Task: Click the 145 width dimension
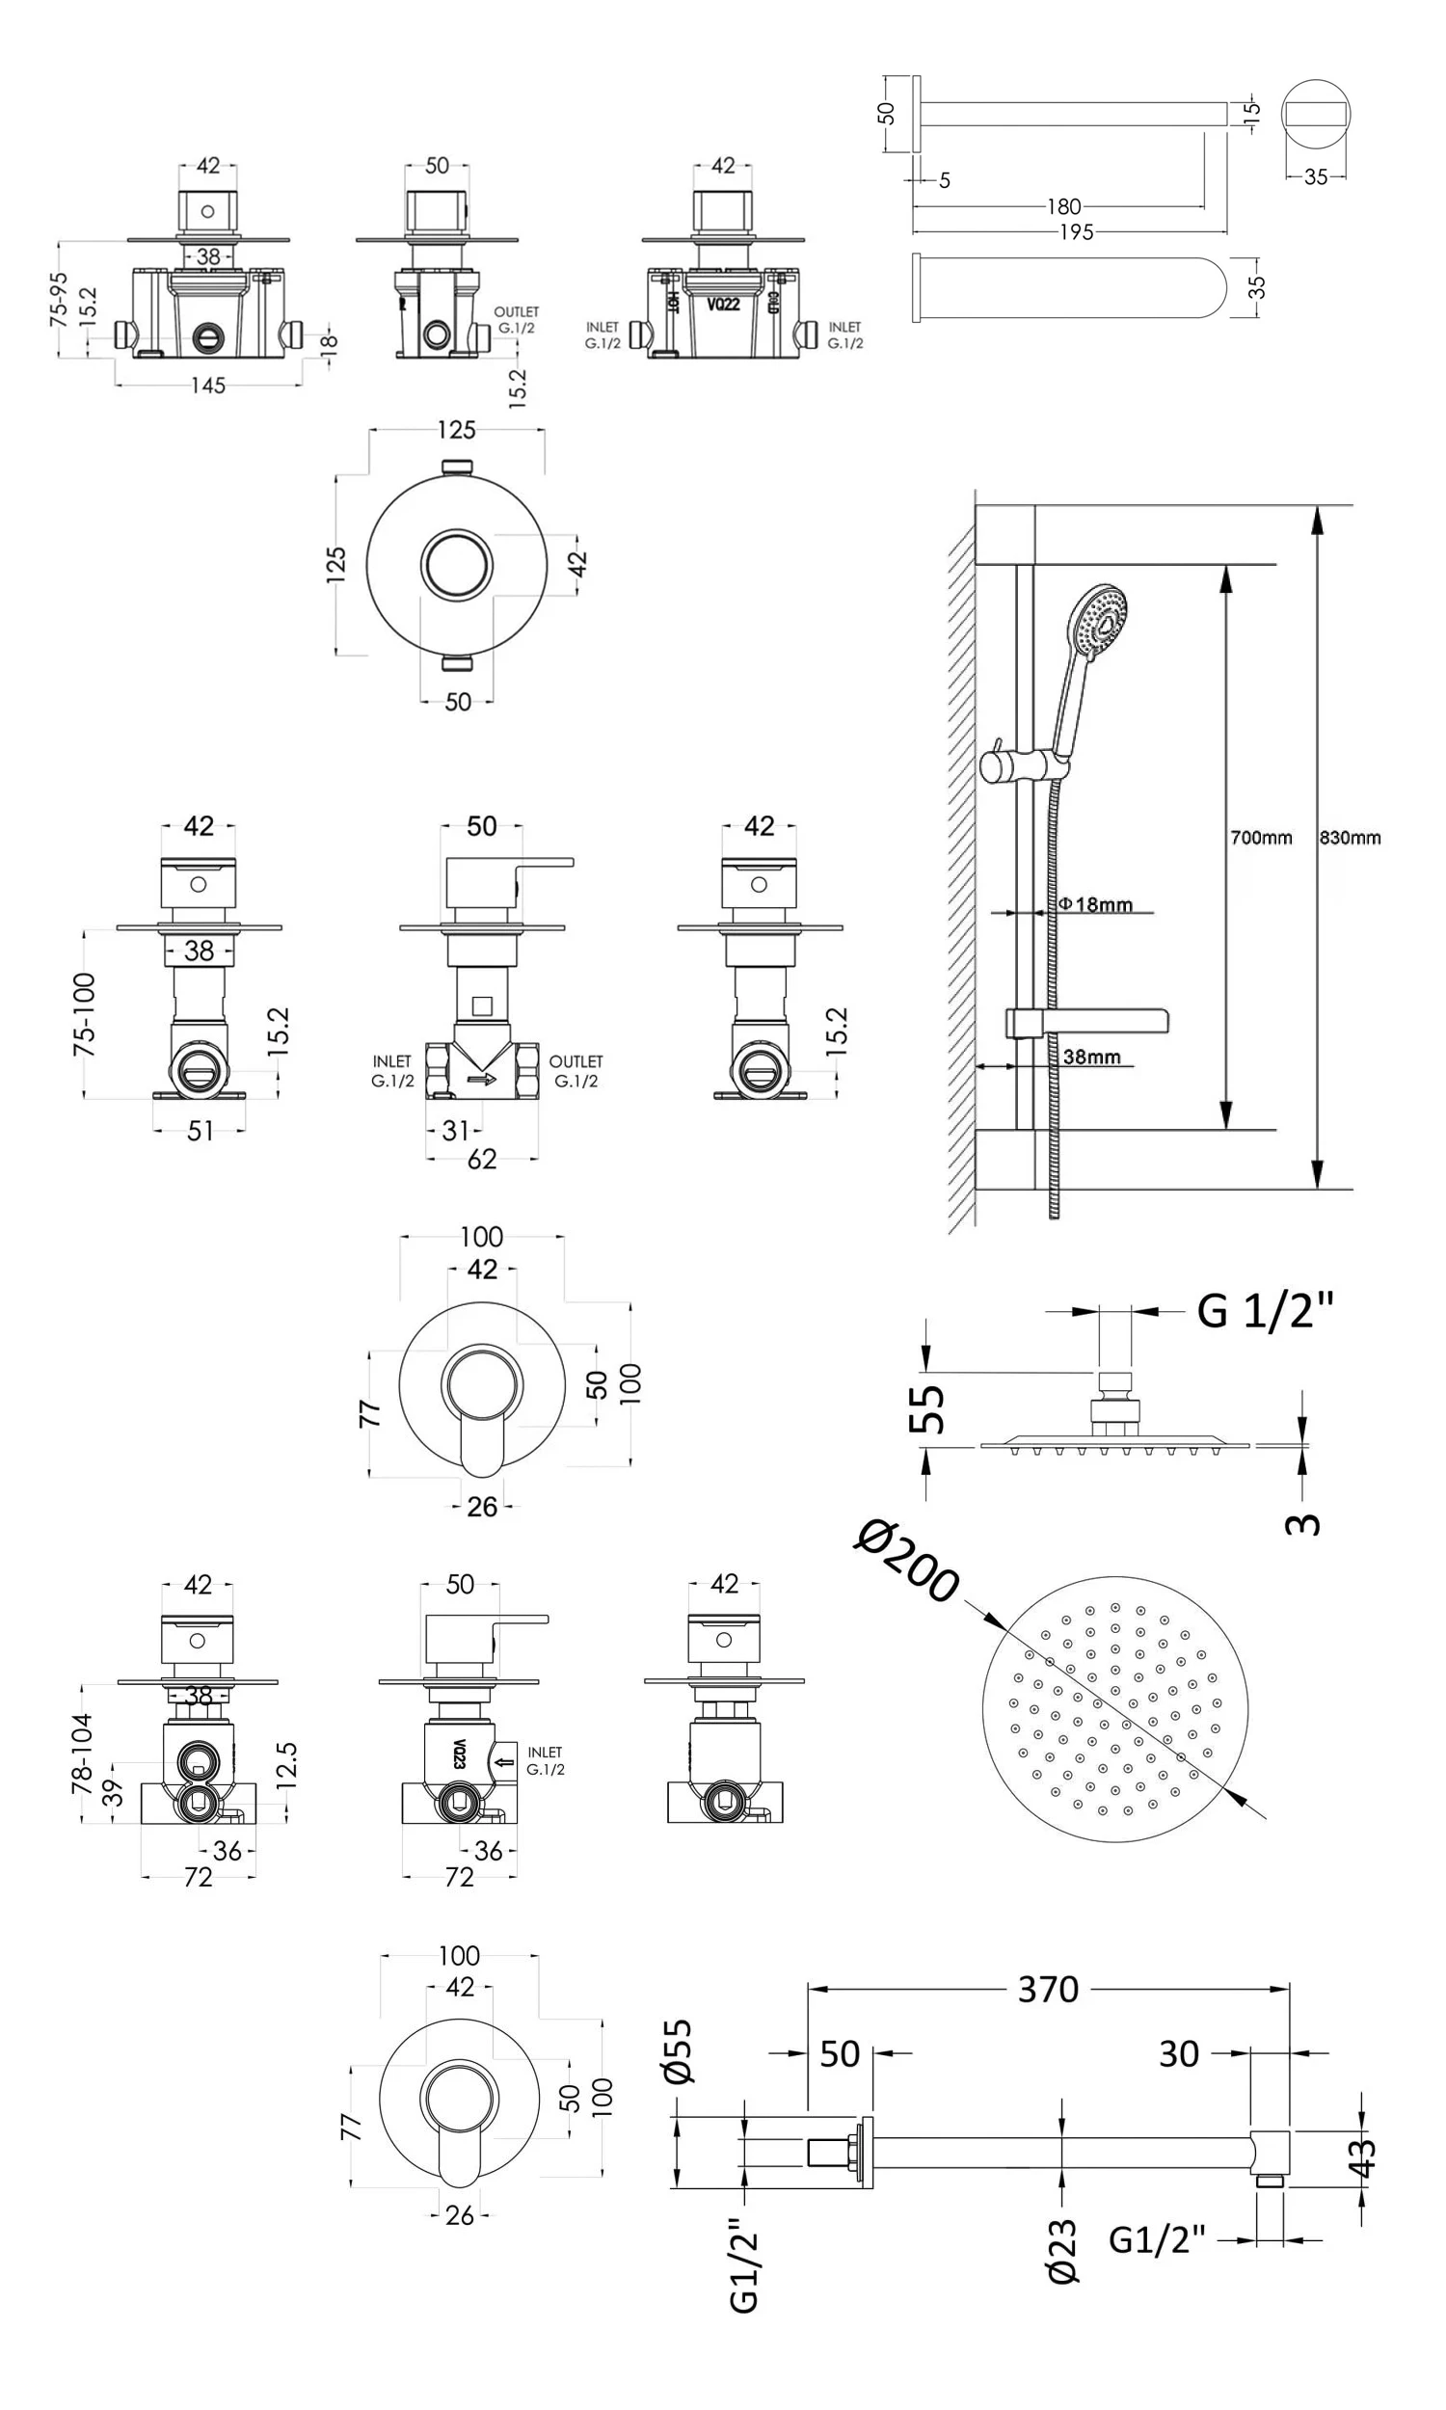point(207,385)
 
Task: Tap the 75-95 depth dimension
point(60,298)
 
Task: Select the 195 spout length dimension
point(1076,232)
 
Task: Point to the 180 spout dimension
point(1063,206)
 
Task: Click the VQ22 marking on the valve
point(723,304)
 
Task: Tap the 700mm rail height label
point(1261,837)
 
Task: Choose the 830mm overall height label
point(1350,837)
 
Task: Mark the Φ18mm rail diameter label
point(1096,904)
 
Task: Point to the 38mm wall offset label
point(1091,1057)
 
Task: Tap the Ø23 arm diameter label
point(1062,2250)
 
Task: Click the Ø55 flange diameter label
point(677,2050)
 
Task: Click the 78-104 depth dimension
point(82,1754)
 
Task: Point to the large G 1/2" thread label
point(1264,1310)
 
